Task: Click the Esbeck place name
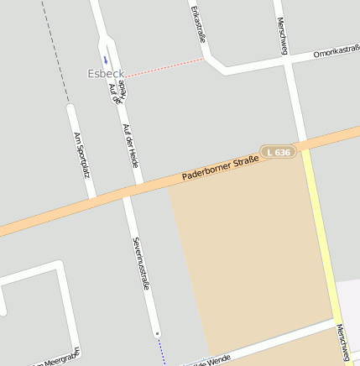click(x=106, y=74)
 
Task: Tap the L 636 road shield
click(x=279, y=152)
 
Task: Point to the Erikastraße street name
click(x=198, y=26)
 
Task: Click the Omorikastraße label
click(x=336, y=52)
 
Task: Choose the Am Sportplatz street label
click(x=81, y=152)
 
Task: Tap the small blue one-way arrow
click(x=106, y=59)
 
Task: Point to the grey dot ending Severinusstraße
click(x=156, y=333)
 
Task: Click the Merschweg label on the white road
click(x=282, y=35)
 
